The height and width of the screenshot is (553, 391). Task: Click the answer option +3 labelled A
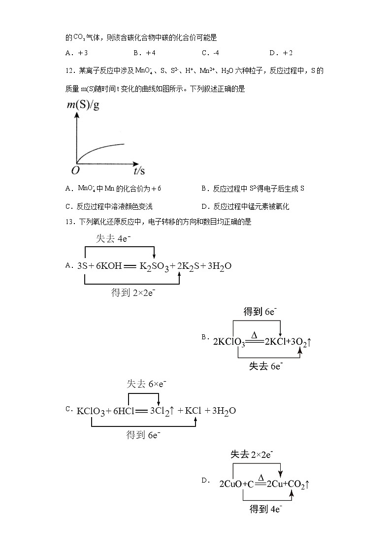pos(76,53)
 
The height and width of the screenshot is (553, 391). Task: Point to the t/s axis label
pos(139,171)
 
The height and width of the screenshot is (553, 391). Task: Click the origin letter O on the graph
pos(75,170)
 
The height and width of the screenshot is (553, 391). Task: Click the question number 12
pos(69,71)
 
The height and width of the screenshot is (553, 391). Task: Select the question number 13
pos(69,222)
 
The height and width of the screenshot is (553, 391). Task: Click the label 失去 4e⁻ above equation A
pos(113,239)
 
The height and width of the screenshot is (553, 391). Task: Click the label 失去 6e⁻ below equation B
pos(266,366)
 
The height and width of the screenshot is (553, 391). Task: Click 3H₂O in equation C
pos(224,410)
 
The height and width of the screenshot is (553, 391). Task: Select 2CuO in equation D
pos(231,484)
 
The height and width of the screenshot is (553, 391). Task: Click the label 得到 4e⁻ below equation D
pos(266,509)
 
